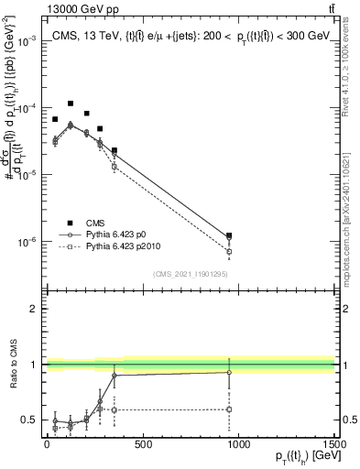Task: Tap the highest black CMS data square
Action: click(71, 104)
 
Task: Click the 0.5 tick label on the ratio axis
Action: click(29, 420)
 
